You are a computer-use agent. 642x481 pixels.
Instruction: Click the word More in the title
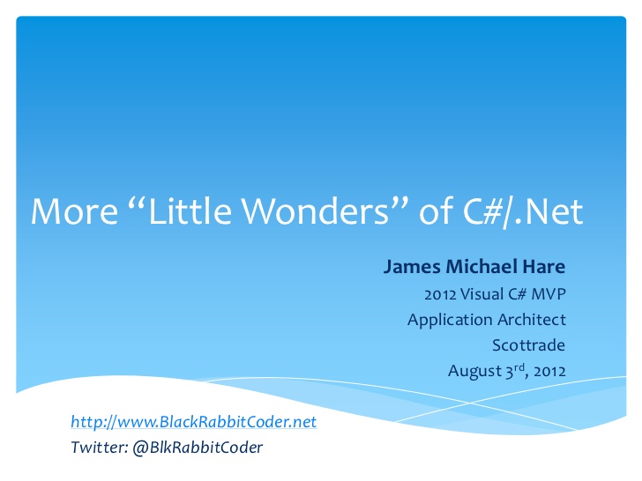74,211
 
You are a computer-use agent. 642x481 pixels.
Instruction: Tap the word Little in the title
190,211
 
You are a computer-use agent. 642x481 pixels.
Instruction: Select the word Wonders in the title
316,211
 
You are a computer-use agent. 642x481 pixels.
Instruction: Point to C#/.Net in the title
523,211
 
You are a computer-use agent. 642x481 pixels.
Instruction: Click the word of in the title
436,211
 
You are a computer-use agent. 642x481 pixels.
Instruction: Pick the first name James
412,267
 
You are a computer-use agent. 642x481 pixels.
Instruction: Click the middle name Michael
481,266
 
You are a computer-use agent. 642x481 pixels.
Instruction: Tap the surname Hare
544,267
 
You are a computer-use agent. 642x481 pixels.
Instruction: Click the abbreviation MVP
549,294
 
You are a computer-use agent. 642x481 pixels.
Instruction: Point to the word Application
450,321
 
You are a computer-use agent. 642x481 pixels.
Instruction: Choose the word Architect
532,320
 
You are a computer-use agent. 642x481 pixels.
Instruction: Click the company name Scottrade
528,345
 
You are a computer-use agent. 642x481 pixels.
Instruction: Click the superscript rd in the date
519,366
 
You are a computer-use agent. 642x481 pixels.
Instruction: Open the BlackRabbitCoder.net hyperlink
194,422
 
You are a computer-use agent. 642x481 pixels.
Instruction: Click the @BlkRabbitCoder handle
198,448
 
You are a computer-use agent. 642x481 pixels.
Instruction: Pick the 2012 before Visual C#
440,294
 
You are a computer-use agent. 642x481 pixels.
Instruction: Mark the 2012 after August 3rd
550,372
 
